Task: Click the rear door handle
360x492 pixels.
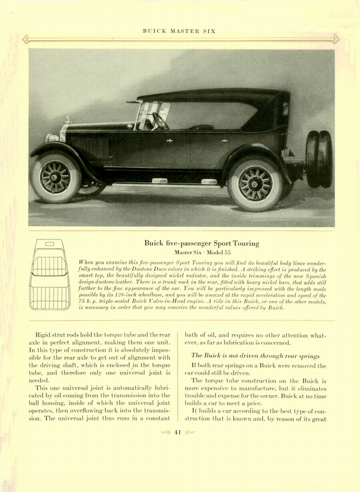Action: (224, 141)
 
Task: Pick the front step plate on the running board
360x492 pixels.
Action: (159, 181)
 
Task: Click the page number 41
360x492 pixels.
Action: (178, 432)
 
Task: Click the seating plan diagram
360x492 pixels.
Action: (49, 274)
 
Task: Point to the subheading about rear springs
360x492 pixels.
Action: (255, 356)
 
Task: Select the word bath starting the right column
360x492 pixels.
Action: (190, 335)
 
